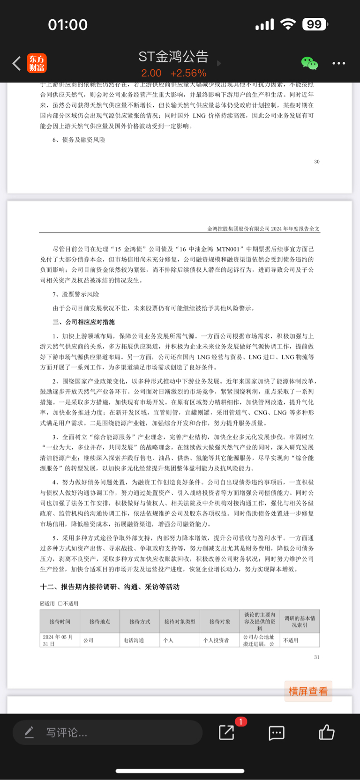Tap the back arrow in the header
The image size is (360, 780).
pos(16,63)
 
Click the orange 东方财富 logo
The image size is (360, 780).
pos(37,63)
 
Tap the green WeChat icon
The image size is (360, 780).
pos(309,63)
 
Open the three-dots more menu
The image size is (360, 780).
pos(338,63)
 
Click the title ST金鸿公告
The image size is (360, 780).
pos(173,57)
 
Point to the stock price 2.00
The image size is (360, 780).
pos(151,74)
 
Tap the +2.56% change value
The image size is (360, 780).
pos(188,74)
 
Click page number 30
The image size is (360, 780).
pos(317,162)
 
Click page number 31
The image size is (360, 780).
pos(317,657)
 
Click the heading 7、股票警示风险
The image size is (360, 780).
pos(75,294)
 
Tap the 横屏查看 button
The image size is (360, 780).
pos(308,691)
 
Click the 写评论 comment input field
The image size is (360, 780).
pos(107,732)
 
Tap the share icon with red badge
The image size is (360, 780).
pos(227,732)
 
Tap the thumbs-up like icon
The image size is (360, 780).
pos(326,732)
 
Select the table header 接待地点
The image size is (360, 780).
pos(100,622)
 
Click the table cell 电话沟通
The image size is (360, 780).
pos(134,640)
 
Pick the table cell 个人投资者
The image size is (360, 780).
pos(216,640)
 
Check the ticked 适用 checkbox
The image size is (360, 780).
pos(43,604)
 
